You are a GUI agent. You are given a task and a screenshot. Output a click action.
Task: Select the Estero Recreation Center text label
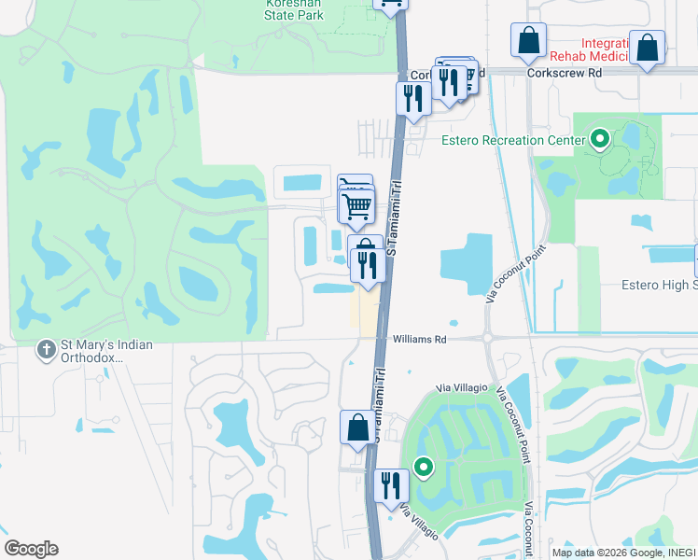(x=506, y=140)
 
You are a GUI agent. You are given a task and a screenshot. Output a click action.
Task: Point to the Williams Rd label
(x=420, y=340)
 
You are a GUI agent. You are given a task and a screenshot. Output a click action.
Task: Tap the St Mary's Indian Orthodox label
(x=105, y=351)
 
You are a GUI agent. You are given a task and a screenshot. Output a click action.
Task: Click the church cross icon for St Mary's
(x=45, y=350)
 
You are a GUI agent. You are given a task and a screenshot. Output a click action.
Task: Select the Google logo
(x=31, y=549)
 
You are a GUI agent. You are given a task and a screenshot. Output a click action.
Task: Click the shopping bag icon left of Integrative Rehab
(x=528, y=41)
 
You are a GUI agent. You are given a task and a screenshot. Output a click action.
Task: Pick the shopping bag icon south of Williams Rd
(x=357, y=428)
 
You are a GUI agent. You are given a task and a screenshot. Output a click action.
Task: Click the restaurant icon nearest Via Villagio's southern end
(x=390, y=485)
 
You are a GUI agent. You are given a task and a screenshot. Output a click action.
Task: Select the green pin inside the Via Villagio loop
(x=424, y=467)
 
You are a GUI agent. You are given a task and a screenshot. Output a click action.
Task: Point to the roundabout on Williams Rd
(x=487, y=338)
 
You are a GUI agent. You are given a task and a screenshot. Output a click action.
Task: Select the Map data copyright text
(x=623, y=553)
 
